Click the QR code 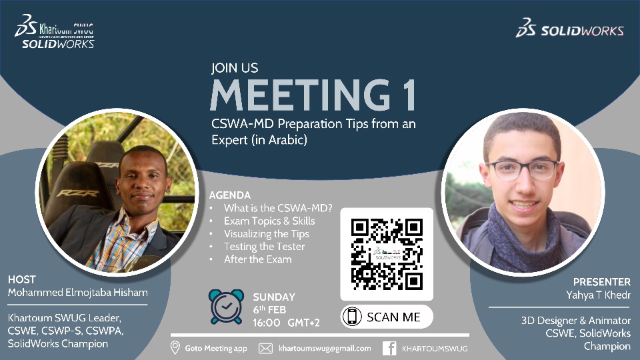(x=387, y=254)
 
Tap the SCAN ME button (x=387, y=317)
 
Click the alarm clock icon (x=226, y=307)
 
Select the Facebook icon (x=389, y=348)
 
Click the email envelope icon (x=265, y=348)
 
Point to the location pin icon (x=175, y=348)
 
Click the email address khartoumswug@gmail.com (x=325, y=348)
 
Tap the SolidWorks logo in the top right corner (x=570, y=28)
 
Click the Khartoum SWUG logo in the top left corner (x=54, y=31)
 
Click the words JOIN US (x=235, y=68)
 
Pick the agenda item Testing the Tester (x=264, y=247)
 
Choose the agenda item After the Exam (x=257, y=259)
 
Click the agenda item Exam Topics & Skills (x=269, y=221)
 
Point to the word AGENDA (x=230, y=195)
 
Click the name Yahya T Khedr (x=598, y=295)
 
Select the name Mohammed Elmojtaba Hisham (x=77, y=292)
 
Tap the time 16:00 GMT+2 (x=286, y=323)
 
